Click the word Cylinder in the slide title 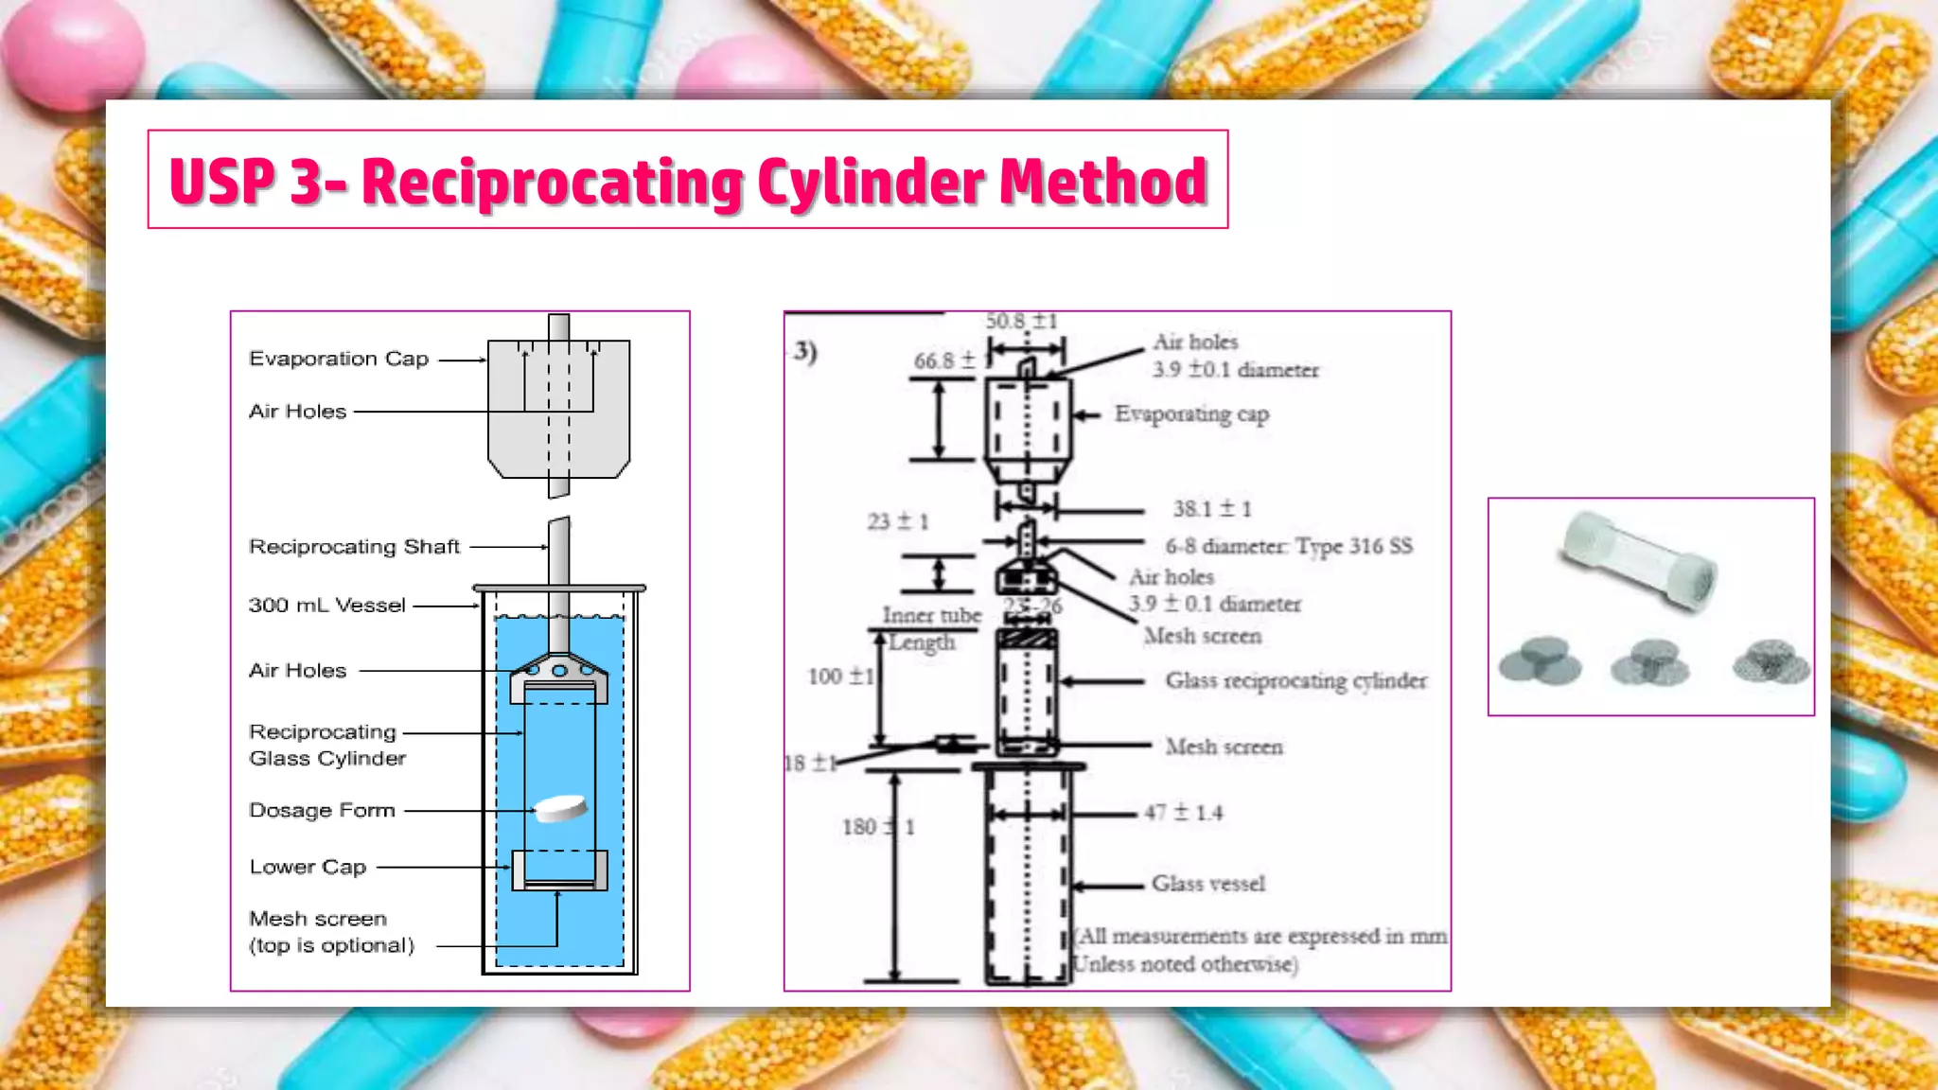pyautogui.click(x=871, y=183)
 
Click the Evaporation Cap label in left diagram pyautogui.click(x=339, y=360)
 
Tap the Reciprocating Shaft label pyautogui.click(x=354, y=547)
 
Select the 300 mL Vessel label pyautogui.click(x=326, y=606)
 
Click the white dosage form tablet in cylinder pyautogui.click(x=560, y=808)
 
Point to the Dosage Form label pyautogui.click(x=322, y=811)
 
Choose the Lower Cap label pyautogui.click(x=308, y=867)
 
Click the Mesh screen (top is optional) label pyautogui.click(x=330, y=932)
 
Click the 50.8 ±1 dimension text pyautogui.click(x=1021, y=322)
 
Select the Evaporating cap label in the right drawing pyautogui.click(x=1191, y=414)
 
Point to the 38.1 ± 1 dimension pyautogui.click(x=1212, y=509)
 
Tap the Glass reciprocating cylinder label pyautogui.click(x=1295, y=680)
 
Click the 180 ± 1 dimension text pyautogui.click(x=878, y=827)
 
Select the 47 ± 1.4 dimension pyautogui.click(x=1183, y=813)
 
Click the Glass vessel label pyautogui.click(x=1207, y=884)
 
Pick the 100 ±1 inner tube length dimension pyautogui.click(x=840, y=677)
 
